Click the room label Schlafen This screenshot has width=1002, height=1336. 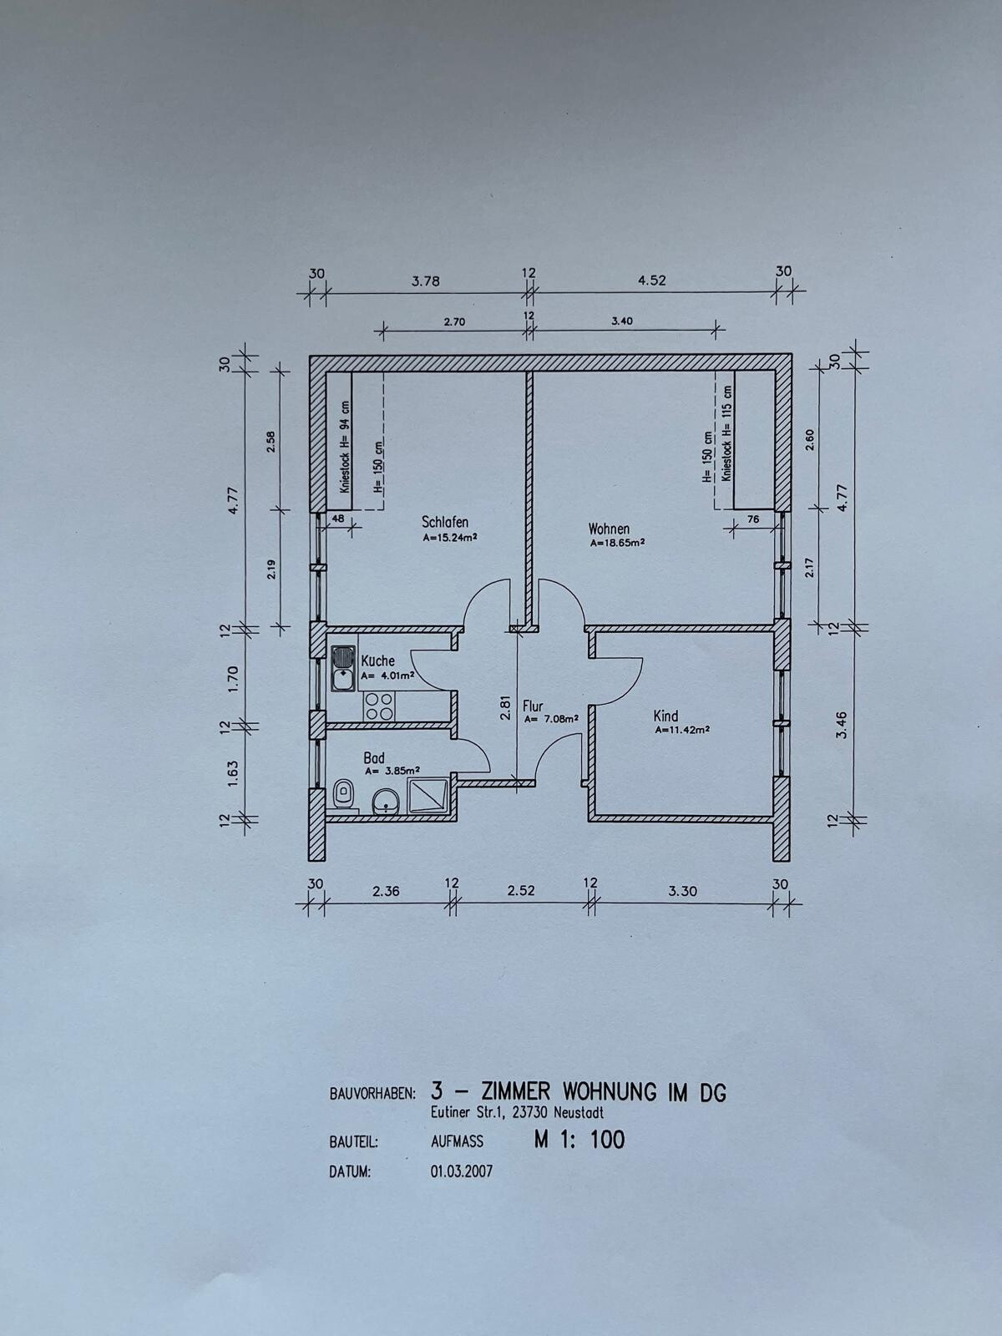click(445, 522)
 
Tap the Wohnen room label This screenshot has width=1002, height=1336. click(609, 529)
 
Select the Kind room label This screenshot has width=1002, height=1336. click(665, 716)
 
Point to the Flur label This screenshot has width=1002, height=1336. click(533, 706)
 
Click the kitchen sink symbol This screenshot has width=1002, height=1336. click(344, 668)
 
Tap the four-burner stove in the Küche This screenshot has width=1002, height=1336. click(378, 707)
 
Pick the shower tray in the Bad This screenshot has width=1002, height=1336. click(428, 795)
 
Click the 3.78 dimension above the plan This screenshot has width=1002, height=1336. click(425, 281)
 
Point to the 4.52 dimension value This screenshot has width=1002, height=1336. click(651, 280)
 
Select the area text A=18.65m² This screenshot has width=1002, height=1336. click(618, 542)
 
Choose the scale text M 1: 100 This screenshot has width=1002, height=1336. click(579, 1140)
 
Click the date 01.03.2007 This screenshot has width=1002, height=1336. click(462, 1171)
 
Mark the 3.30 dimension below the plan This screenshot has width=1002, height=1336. click(682, 892)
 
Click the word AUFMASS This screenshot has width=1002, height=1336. click(457, 1141)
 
